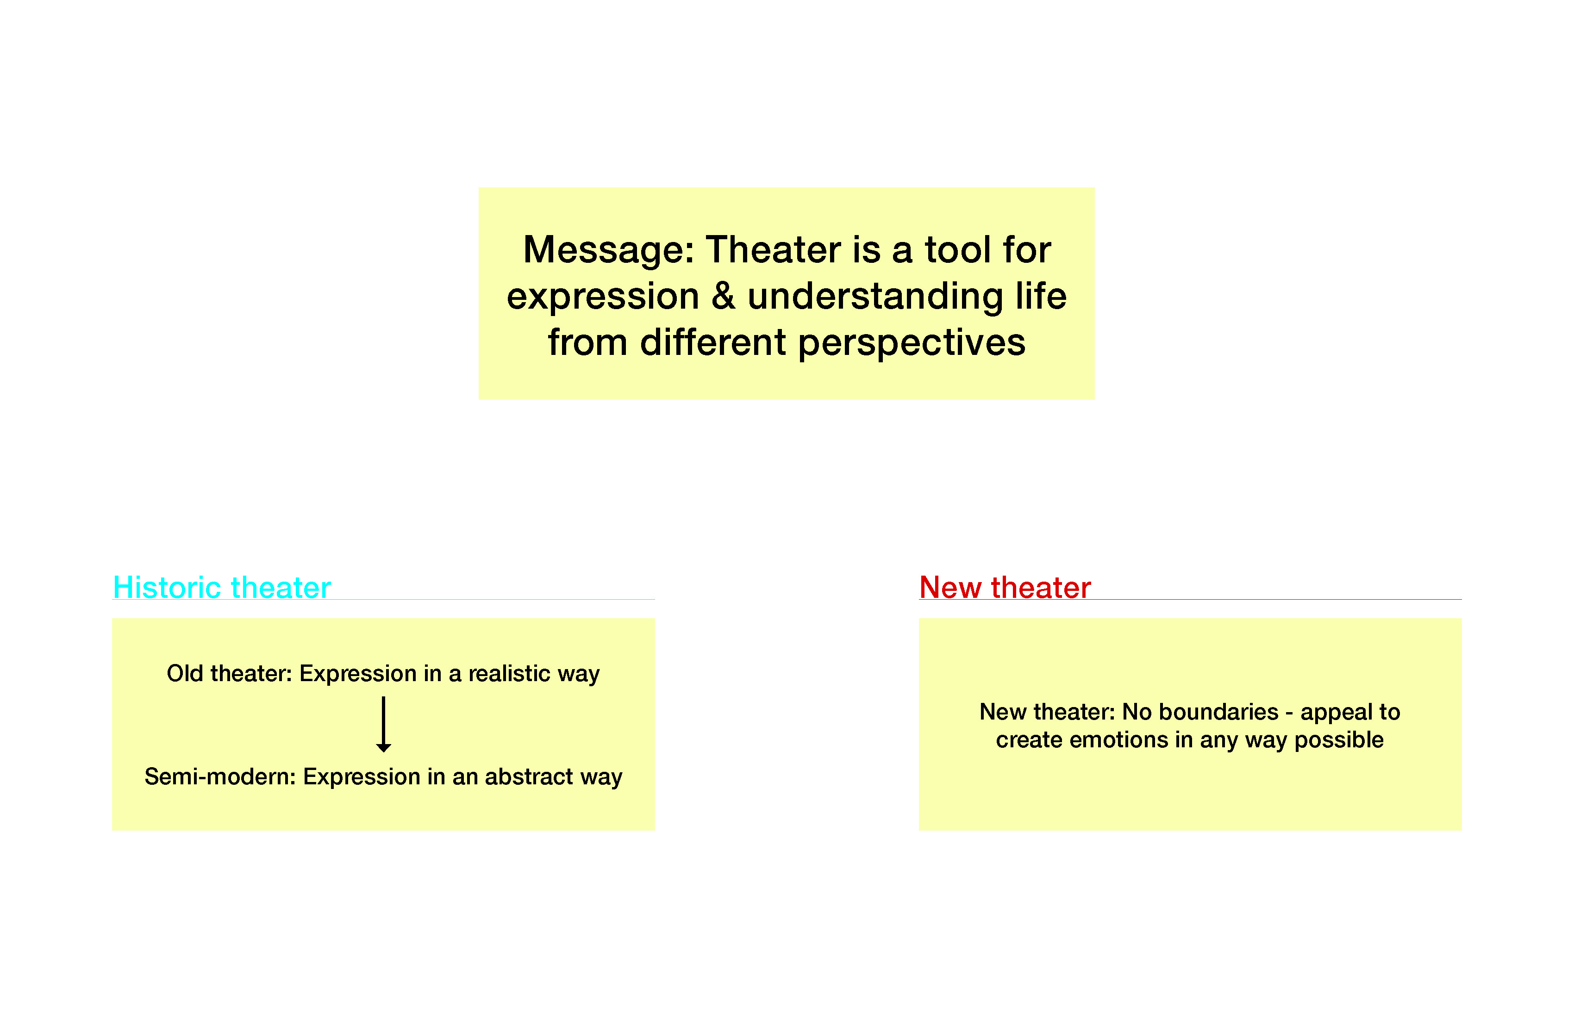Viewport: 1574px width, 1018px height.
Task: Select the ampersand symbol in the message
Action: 724,296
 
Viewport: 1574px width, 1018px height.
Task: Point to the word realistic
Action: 509,674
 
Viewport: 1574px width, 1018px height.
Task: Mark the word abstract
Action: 529,777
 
